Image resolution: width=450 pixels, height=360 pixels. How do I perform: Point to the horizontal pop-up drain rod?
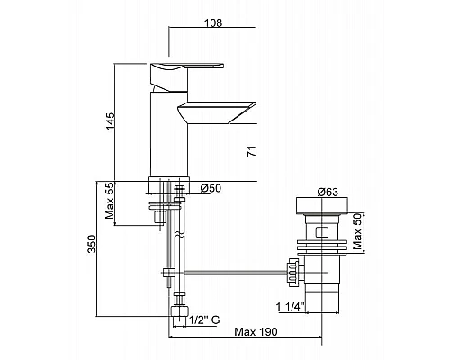point(234,268)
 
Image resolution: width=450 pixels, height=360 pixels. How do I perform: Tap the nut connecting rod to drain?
point(291,267)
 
